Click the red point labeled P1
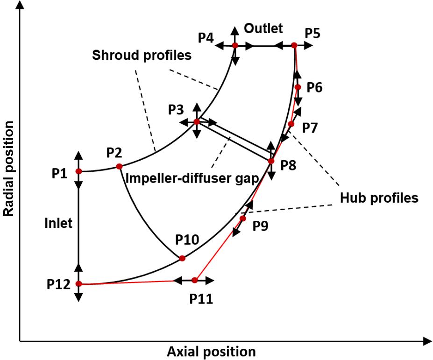[78, 171]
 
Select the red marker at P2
[119, 166]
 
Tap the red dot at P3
[197, 122]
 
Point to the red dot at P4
[235, 45]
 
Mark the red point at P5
[294, 45]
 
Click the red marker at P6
[298, 87]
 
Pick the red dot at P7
[291, 124]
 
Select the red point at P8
[271, 161]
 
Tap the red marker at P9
[243, 219]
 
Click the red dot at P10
[182, 258]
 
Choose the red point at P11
[195, 280]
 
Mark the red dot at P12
[78, 284]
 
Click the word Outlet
[263, 28]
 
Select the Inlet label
[58, 223]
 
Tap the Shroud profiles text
[142, 55]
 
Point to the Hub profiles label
[379, 198]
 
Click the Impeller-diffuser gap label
[193, 179]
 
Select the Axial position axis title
[211, 351]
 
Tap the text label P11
[201, 298]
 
